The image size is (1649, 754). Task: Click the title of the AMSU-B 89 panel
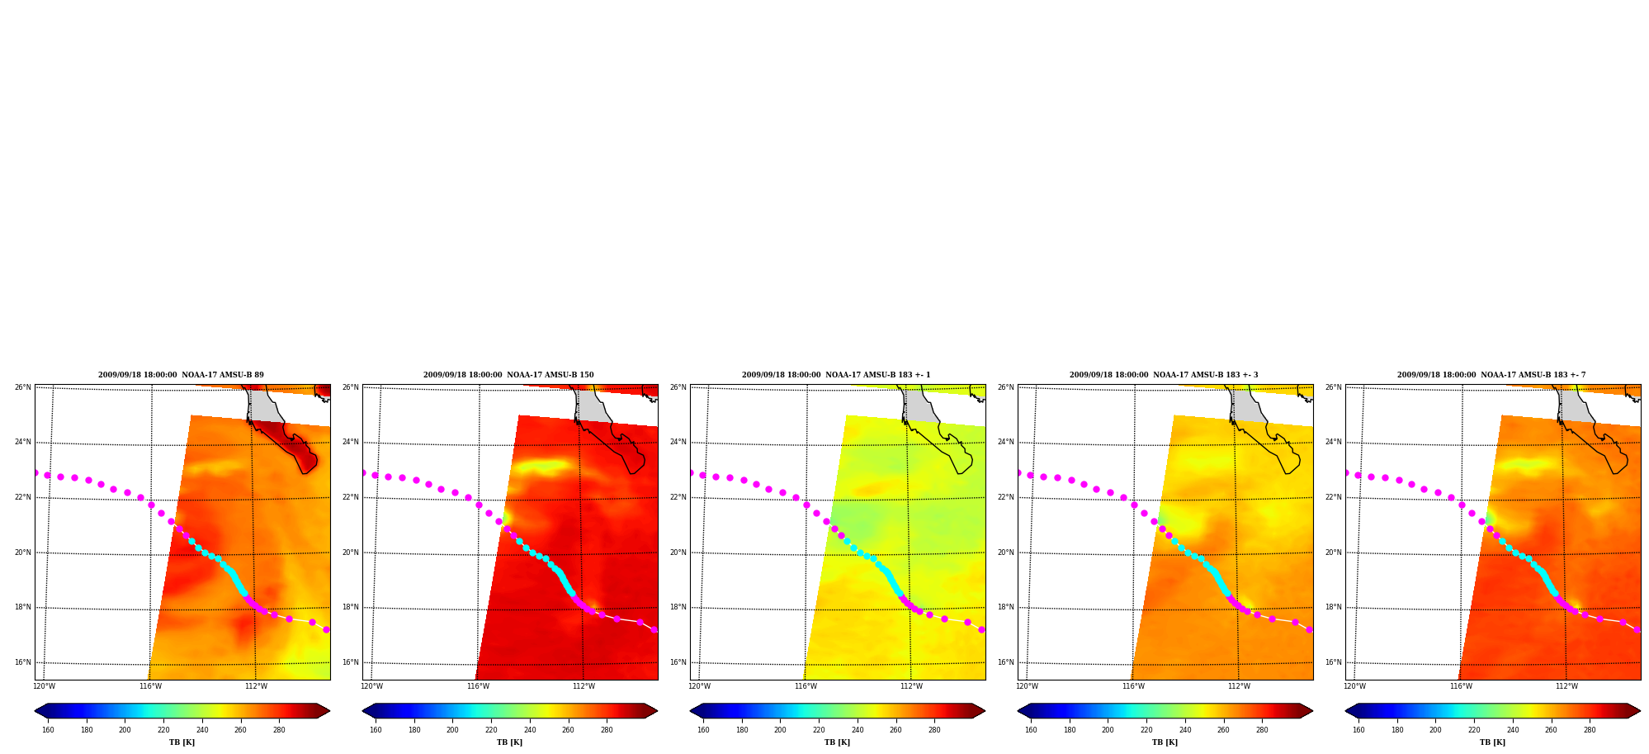point(181,375)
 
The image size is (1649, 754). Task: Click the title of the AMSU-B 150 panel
point(508,375)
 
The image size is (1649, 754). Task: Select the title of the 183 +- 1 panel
point(836,375)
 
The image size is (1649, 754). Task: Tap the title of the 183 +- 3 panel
point(1164,375)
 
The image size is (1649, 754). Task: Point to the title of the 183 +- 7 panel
point(1491,375)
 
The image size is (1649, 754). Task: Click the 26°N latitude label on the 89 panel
point(22,387)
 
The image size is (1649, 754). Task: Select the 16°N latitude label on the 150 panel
point(350,662)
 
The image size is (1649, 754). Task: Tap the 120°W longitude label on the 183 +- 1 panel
point(699,686)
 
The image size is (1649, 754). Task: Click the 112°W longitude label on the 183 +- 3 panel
point(1239,686)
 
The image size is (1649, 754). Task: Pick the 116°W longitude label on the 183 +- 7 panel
point(1461,686)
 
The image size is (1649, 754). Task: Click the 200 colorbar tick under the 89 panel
point(125,730)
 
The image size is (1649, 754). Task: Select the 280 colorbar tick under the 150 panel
point(607,730)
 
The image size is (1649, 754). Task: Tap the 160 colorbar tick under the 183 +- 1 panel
point(703,730)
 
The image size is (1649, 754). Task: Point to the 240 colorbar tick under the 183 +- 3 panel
point(1185,730)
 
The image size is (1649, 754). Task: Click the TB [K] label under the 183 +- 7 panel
point(1492,742)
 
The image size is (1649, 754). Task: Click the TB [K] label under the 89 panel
point(182,742)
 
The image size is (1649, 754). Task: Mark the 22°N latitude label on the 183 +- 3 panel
point(1005,497)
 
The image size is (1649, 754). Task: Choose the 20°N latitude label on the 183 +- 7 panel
point(1333,552)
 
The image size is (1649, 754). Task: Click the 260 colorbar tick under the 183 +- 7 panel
point(1551,730)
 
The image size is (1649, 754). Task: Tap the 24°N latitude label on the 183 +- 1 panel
point(678,442)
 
